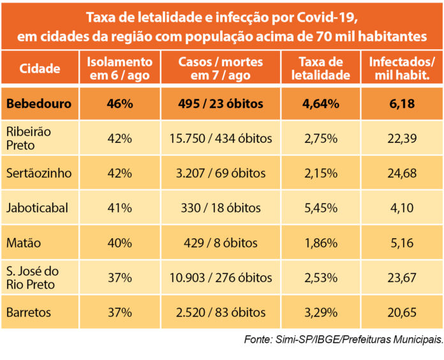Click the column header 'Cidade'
click(x=40, y=69)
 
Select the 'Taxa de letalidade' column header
click(x=325, y=69)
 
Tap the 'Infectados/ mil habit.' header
click(x=402, y=69)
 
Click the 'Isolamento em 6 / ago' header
click(x=119, y=69)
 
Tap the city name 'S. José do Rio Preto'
click(x=34, y=278)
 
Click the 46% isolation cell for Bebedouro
click(x=119, y=104)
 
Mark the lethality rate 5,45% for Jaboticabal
click(x=325, y=208)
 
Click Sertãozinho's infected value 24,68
click(x=402, y=174)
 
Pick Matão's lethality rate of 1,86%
click(x=325, y=243)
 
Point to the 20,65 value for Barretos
click(x=402, y=312)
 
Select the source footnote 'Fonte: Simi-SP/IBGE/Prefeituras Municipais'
click(x=343, y=340)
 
